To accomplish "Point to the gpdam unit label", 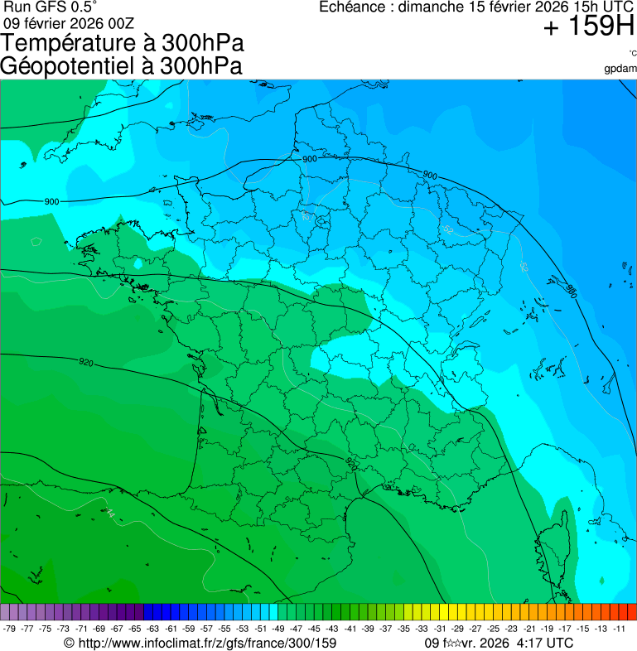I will (x=620, y=69).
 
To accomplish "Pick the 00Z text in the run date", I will (x=120, y=23).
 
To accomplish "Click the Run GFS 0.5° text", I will (x=51, y=7).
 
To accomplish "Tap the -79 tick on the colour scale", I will (x=10, y=629).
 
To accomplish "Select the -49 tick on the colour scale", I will (x=278, y=629).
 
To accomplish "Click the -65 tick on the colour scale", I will (x=135, y=629).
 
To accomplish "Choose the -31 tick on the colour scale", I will (x=440, y=629).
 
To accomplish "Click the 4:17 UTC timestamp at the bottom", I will (x=543, y=643).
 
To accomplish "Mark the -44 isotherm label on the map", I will (x=109, y=513).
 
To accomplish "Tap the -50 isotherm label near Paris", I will (x=306, y=217).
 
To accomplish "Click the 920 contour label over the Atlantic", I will (x=85, y=362).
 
